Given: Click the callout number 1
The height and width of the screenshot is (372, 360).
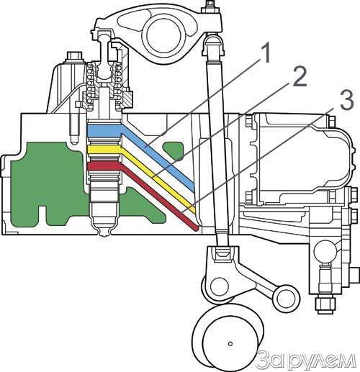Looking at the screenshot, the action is pyautogui.click(x=266, y=53).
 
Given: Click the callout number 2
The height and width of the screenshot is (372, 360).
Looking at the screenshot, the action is pyautogui.click(x=300, y=76).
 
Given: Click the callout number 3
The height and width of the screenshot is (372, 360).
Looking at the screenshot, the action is pyautogui.click(x=344, y=100).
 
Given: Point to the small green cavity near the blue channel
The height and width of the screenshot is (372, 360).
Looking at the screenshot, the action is pyautogui.click(x=174, y=150).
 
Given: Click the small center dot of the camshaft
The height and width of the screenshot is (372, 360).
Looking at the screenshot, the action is pyautogui.click(x=230, y=344).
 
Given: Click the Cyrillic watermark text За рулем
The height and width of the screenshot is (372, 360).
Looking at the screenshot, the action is pyautogui.click(x=305, y=360).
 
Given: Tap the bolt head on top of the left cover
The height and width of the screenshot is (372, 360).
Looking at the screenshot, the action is pyautogui.click(x=75, y=57).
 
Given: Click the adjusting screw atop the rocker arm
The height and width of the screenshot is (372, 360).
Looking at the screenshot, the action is pyautogui.click(x=210, y=7).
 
